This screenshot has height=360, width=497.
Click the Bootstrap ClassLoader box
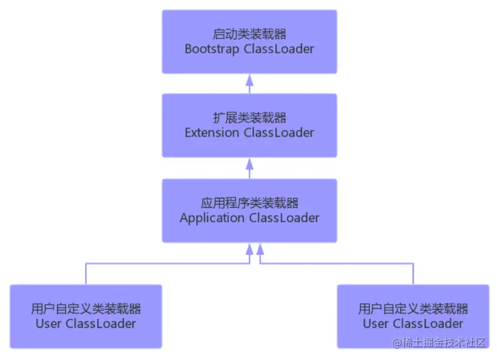[249, 41]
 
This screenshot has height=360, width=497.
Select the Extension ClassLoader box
[249, 125]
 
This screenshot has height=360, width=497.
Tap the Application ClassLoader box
[249, 210]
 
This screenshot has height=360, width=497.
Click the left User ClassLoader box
[86, 316]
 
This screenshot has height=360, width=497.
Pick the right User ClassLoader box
[413, 316]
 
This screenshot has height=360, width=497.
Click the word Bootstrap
[212, 49]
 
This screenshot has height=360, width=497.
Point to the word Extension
[212, 133]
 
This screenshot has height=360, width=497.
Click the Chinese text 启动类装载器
[249, 34]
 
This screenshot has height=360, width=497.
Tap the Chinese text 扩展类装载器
[249, 118]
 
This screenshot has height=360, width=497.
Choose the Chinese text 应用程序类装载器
[249, 203]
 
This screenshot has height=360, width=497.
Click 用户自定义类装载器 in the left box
[86, 309]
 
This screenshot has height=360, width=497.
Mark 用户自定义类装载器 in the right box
[413, 309]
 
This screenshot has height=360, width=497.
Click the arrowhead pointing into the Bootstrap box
[249, 79]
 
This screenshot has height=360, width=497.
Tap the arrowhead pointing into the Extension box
[249, 163]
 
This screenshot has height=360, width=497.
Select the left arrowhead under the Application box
[249, 248]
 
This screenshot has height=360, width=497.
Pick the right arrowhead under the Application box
[260, 248]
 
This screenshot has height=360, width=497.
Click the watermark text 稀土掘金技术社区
[445, 343]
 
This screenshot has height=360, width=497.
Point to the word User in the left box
[48, 324]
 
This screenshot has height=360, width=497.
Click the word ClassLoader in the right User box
[428, 324]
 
